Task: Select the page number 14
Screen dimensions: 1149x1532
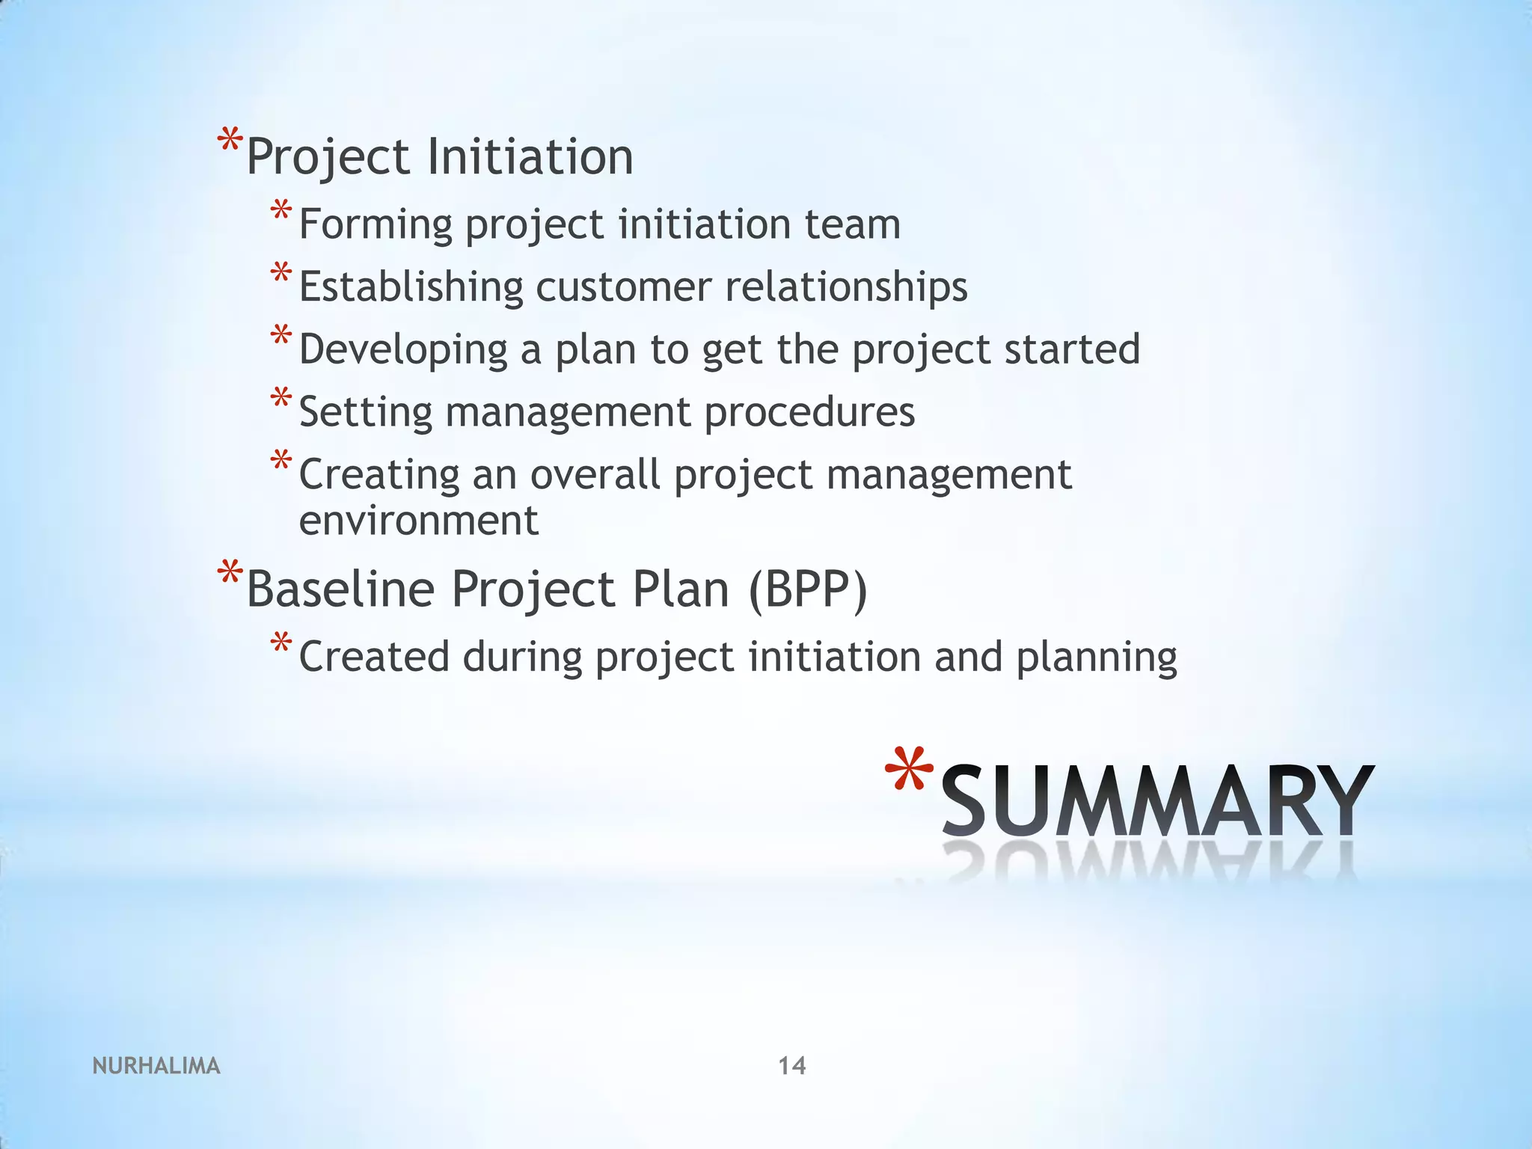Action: [792, 1065]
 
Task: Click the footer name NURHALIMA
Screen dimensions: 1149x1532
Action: [156, 1066]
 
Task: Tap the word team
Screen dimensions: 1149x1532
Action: [853, 224]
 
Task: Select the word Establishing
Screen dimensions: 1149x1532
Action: [411, 287]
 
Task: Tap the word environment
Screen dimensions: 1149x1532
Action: [419, 521]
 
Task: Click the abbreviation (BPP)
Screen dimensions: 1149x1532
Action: [808, 589]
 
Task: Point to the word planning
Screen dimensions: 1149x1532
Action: [1096, 658]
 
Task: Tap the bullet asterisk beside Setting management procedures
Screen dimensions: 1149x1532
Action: [281, 399]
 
